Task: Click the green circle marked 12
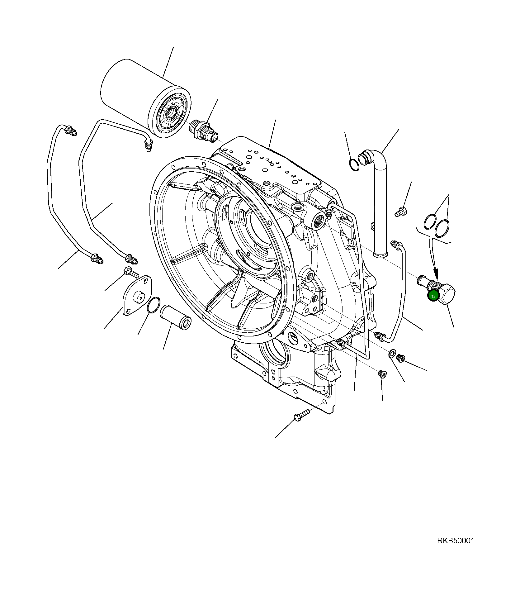click(x=433, y=296)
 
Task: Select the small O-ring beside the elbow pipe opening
click(x=354, y=165)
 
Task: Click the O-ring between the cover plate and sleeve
click(x=154, y=305)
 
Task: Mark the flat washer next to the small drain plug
click(x=392, y=354)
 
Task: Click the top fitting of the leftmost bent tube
click(x=71, y=131)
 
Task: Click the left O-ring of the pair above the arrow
click(x=430, y=221)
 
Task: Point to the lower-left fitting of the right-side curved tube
click(x=379, y=336)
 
